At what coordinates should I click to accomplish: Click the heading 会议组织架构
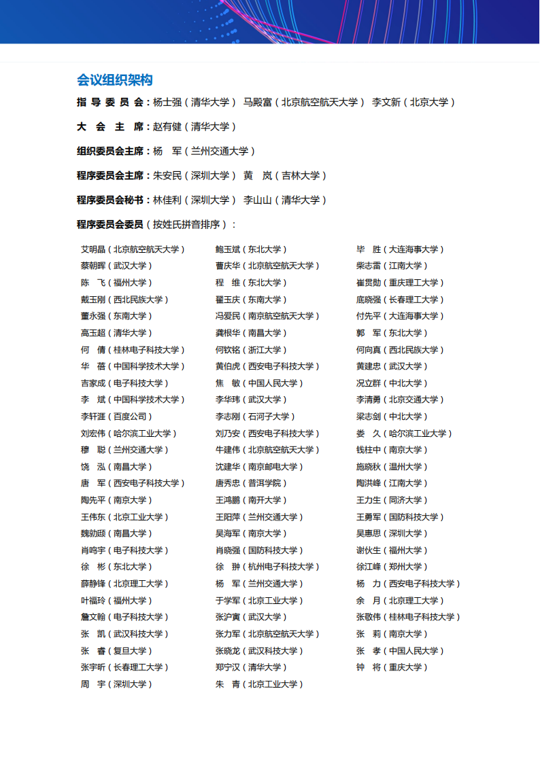coord(115,80)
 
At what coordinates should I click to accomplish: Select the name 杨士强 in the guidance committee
coord(167,102)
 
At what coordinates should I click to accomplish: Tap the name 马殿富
coord(258,102)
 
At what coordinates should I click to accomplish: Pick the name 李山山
coord(258,200)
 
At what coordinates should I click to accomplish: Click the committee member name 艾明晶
coord(93,249)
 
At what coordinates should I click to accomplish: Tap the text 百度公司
coord(133,416)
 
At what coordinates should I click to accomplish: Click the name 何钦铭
coord(228,350)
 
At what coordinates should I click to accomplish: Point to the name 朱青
coord(228,684)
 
